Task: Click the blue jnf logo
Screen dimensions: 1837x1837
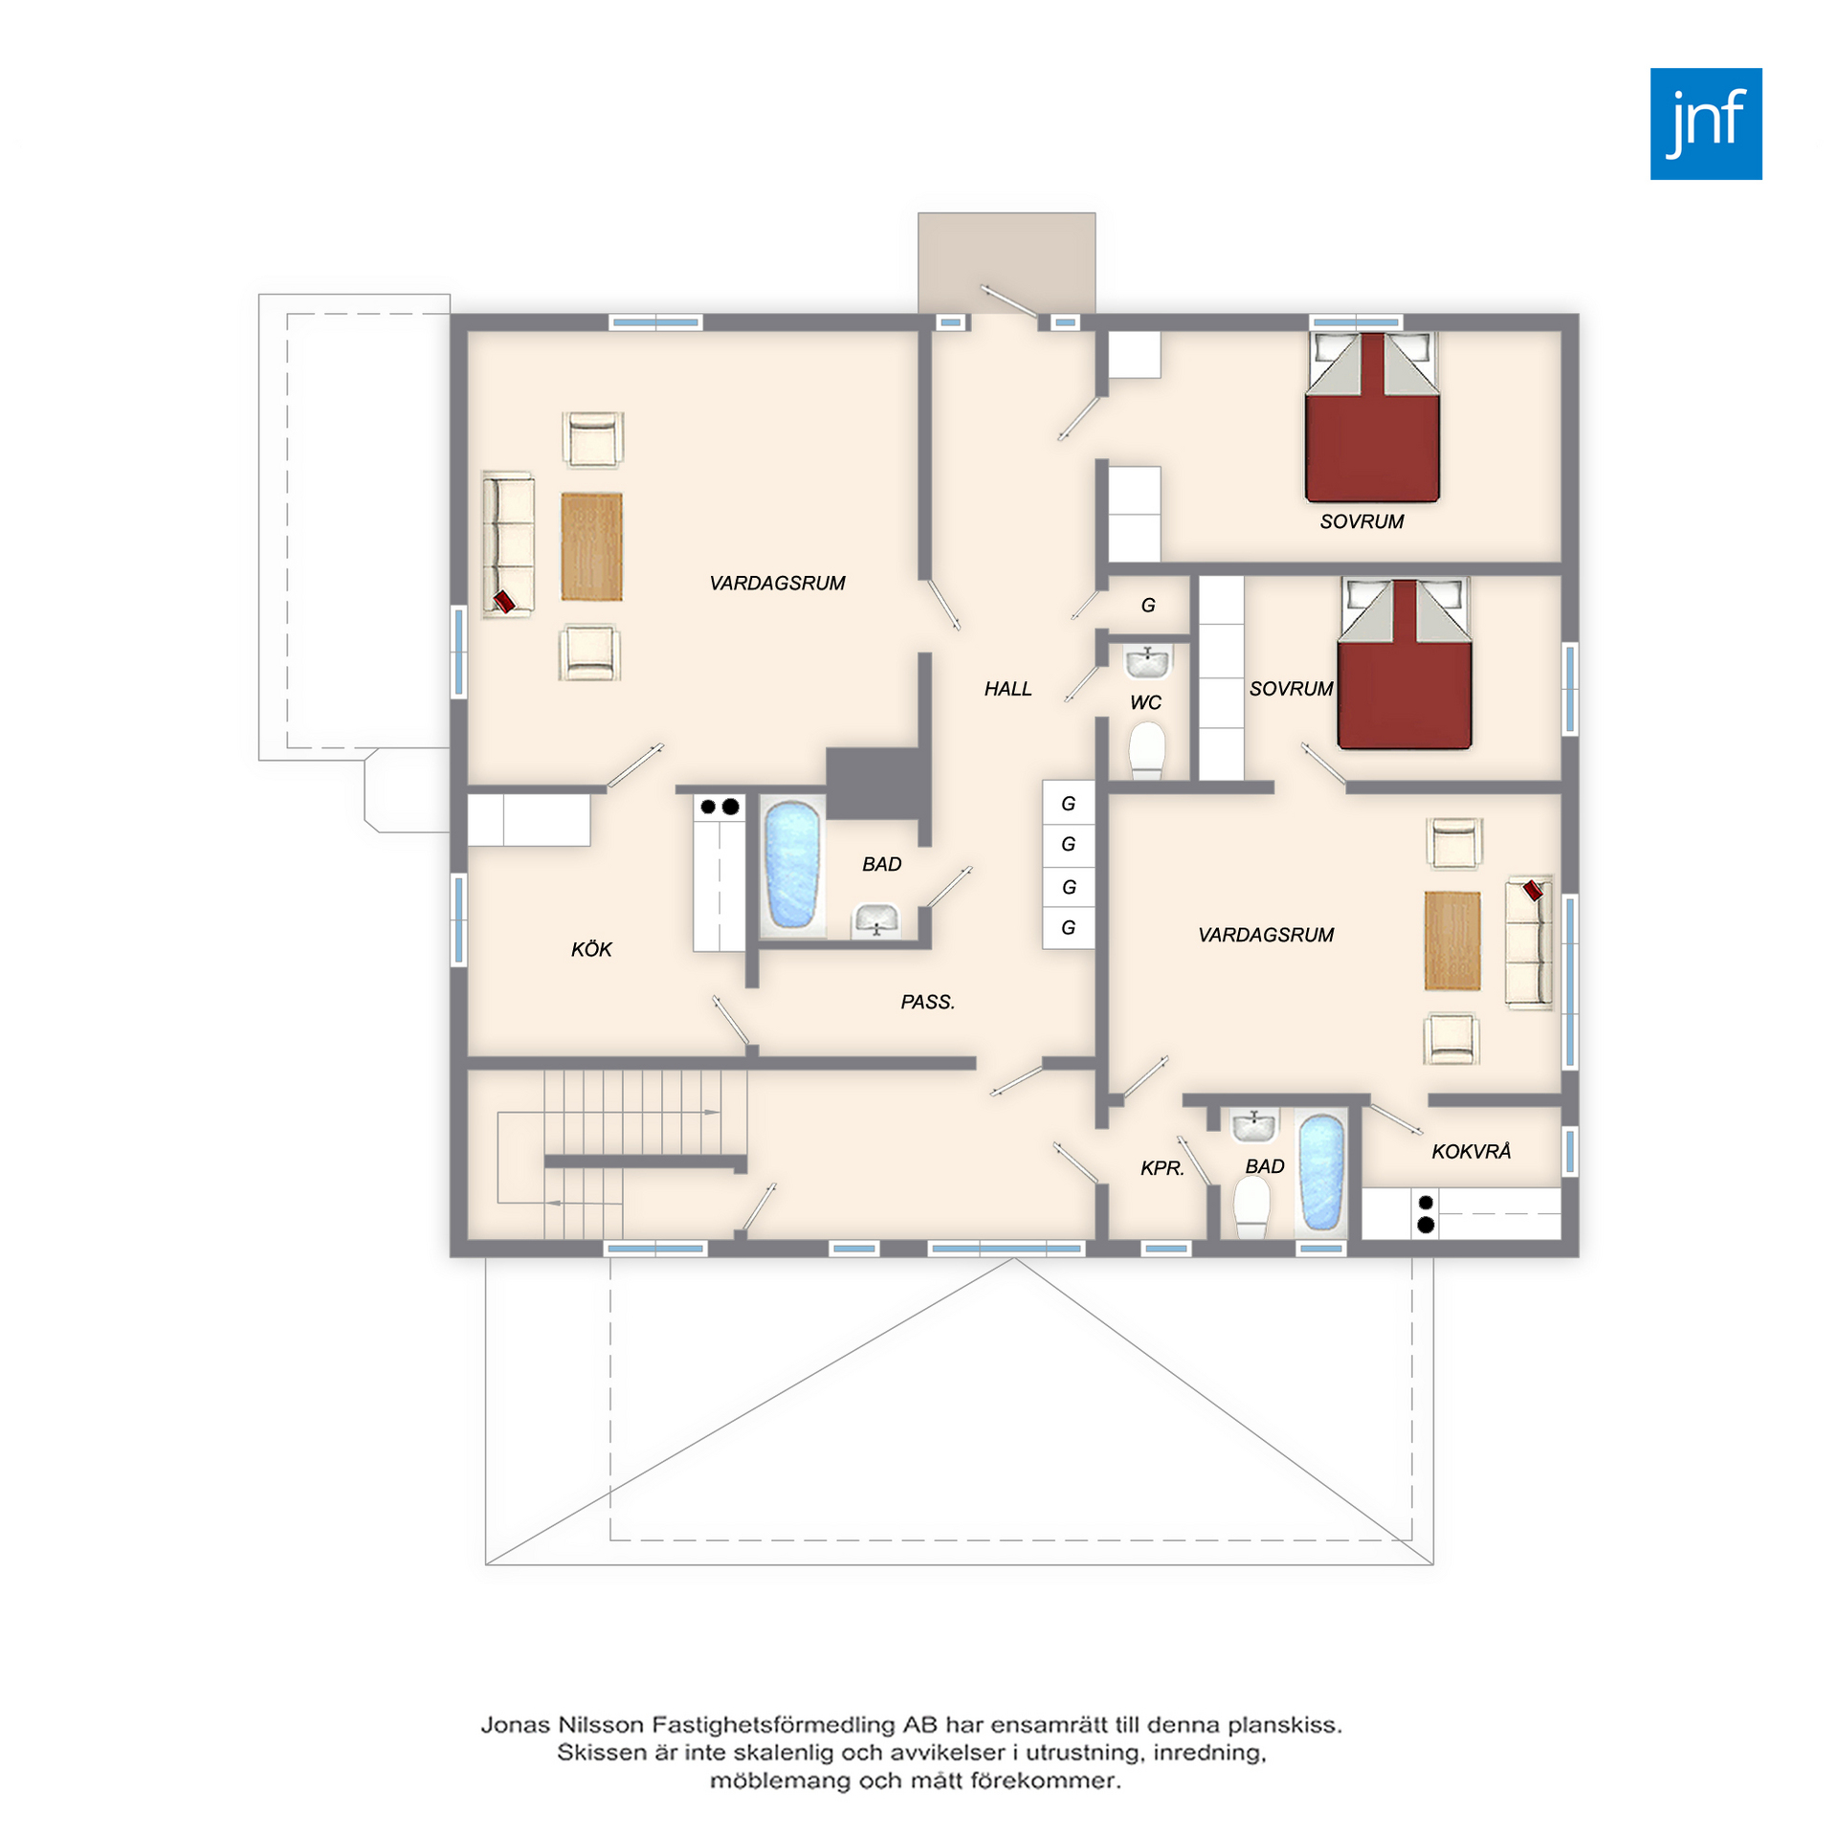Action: tap(1705, 123)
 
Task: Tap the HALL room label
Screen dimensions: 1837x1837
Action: tap(1007, 689)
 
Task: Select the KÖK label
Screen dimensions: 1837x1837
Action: tap(591, 949)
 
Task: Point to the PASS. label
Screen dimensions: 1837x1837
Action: tap(927, 1002)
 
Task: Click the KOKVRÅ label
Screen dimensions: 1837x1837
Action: tap(1471, 1151)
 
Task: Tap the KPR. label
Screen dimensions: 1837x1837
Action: tap(1162, 1168)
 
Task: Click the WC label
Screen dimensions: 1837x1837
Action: tap(1145, 703)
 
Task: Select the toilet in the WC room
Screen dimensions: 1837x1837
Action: tap(1146, 750)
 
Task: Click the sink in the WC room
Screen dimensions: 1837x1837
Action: tap(1147, 661)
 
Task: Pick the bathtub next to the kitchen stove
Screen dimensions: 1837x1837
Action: tap(792, 866)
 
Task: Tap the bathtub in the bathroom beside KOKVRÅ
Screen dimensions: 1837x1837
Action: tap(1321, 1172)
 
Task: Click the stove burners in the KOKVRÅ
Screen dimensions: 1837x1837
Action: tap(1426, 1213)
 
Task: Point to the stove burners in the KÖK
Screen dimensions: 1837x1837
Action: tap(719, 807)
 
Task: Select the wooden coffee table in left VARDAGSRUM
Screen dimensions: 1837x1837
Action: tap(591, 546)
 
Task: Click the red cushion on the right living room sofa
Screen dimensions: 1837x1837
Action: tap(1533, 890)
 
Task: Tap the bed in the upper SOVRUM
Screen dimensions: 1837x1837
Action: tap(1372, 417)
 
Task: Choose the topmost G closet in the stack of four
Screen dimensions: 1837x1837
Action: tap(1068, 804)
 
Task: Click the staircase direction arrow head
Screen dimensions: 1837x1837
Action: tap(713, 1112)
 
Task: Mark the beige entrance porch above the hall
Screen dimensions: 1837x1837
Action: tap(1006, 262)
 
